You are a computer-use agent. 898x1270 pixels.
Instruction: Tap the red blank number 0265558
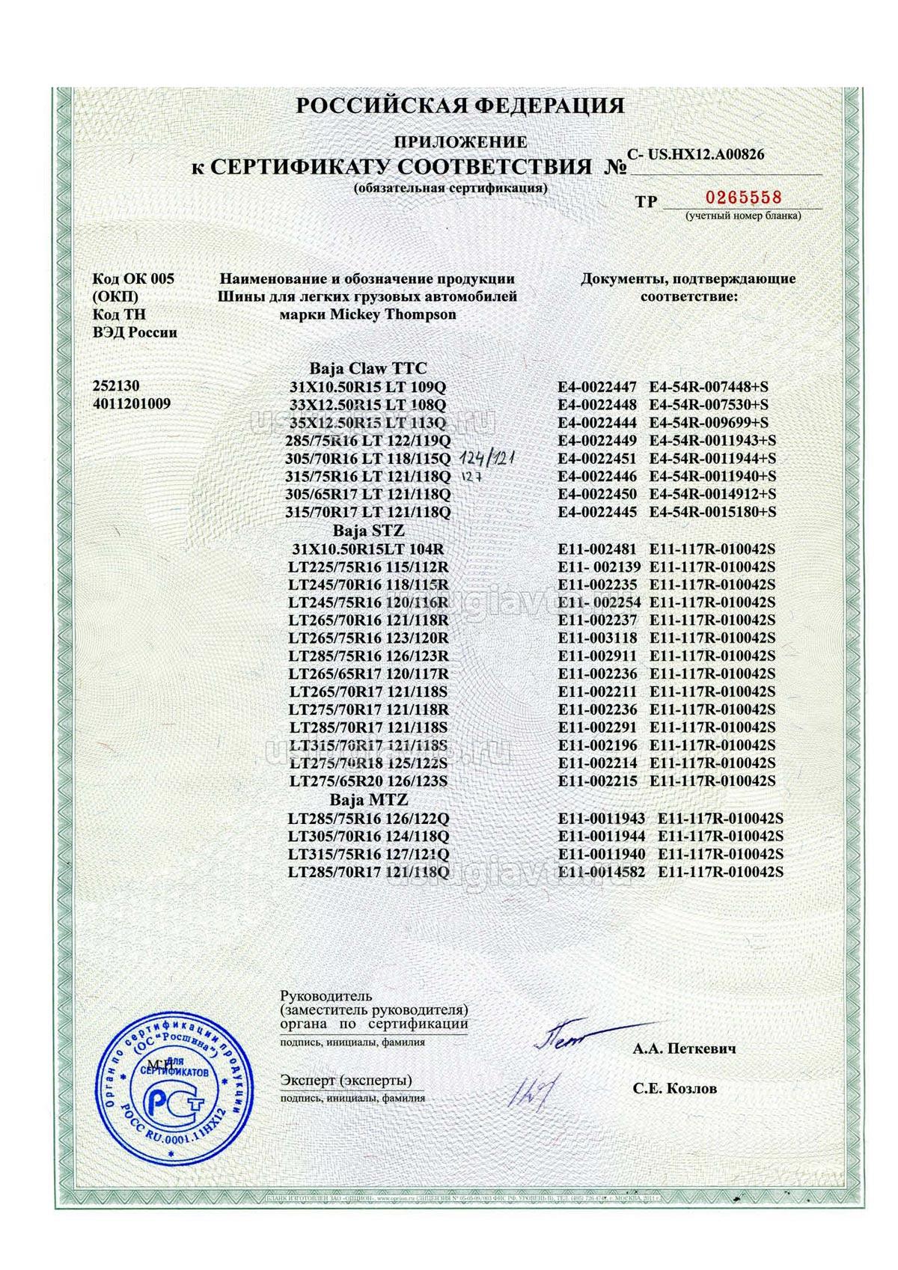[742, 198]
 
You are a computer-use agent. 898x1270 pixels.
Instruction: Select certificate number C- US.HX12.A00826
[696, 155]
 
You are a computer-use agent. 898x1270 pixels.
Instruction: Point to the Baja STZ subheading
[367, 531]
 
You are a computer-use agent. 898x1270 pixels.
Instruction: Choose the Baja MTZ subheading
[367, 800]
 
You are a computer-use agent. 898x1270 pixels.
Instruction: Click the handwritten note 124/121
[492, 458]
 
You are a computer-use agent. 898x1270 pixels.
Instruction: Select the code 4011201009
[131, 404]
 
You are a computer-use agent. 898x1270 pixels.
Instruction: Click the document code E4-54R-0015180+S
[712, 513]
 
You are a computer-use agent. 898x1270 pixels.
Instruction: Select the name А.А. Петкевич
[684, 1048]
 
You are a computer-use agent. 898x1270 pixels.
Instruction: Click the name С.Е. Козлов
[674, 1088]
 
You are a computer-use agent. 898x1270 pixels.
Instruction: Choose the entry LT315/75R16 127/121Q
[368, 854]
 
